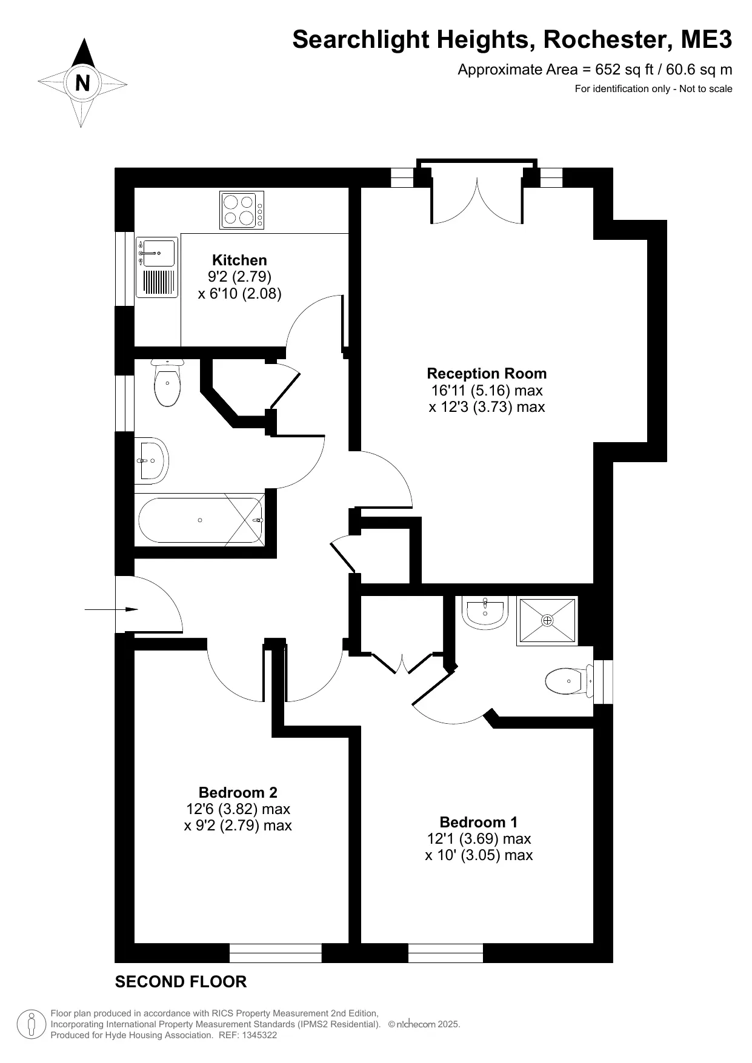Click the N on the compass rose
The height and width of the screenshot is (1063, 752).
(x=82, y=82)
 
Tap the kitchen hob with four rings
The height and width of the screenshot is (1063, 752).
(x=242, y=210)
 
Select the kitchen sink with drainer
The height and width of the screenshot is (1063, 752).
(x=157, y=267)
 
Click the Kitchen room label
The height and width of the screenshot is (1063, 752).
(x=239, y=260)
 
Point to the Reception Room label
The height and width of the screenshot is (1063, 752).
(x=487, y=374)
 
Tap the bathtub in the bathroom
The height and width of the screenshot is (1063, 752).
(x=201, y=520)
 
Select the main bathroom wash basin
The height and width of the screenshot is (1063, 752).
(x=151, y=460)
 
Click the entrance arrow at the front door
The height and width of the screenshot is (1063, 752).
(x=111, y=609)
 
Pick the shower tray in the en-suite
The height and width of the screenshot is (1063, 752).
(x=547, y=621)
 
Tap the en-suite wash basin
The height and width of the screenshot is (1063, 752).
(x=485, y=613)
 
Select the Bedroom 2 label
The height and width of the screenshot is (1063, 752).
(x=238, y=792)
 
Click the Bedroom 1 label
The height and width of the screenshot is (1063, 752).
(x=479, y=822)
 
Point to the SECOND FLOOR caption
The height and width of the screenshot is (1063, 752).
(x=181, y=982)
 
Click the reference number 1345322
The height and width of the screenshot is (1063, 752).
(x=259, y=1035)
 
